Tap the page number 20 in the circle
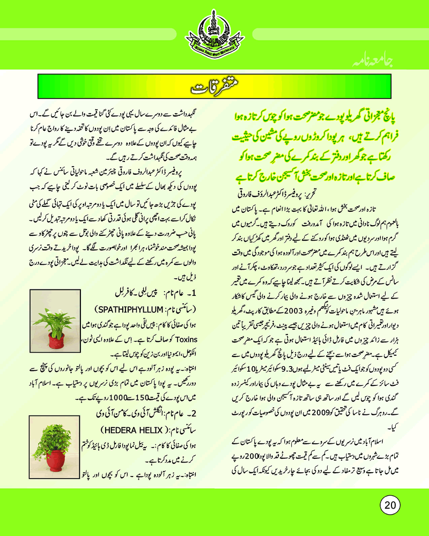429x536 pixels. [x=390, y=503]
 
